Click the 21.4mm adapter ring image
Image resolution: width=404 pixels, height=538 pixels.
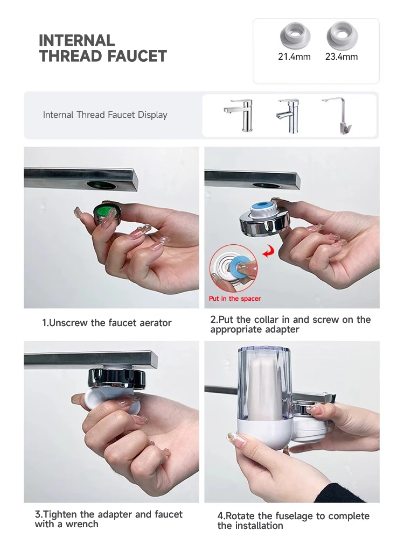(295, 36)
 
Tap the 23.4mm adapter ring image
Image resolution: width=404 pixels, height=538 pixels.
(342, 35)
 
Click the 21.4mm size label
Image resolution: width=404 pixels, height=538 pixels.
(294, 56)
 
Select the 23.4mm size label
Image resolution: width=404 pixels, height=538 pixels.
(342, 56)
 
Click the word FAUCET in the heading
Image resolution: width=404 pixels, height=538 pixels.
(137, 56)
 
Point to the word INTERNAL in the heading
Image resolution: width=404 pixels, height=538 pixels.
(76, 40)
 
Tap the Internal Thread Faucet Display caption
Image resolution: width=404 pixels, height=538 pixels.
(105, 115)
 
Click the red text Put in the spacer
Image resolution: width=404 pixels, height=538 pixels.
(235, 299)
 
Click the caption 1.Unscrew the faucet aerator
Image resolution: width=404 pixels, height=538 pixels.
(107, 323)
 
